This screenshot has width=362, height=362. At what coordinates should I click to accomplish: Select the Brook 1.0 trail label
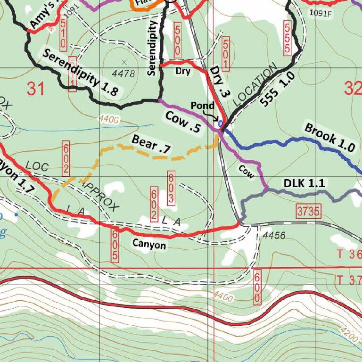pos(329,137)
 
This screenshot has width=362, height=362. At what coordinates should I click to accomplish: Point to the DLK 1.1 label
pos(304,183)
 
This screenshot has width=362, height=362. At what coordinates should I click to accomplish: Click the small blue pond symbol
pos(220,123)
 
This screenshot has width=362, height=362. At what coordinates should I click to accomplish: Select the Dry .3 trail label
pos(219,82)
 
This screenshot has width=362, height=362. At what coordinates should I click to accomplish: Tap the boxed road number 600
pos(257,287)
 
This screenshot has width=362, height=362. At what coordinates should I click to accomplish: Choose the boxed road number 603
pos(171,189)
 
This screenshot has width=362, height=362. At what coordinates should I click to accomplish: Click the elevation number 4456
pos(274,235)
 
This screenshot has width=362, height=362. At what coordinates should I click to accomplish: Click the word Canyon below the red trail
pos(149,245)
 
